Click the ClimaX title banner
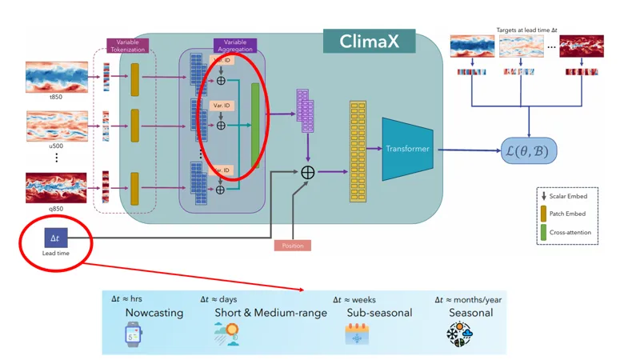point(369,41)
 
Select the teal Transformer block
point(407,149)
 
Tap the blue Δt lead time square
point(55,238)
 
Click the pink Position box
point(292,245)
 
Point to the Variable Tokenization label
point(128,46)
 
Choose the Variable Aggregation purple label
point(235,46)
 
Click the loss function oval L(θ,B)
point(528,150)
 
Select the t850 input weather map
point(57,78)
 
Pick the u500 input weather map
point(57,126)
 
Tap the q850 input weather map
point(57,187)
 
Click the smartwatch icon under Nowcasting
point(134,332)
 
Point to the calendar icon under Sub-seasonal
point(356,334)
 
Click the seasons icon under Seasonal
point(458,334)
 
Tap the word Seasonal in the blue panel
point(470,313)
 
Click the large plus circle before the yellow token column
point(307,172)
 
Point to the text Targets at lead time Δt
point(526,30)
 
